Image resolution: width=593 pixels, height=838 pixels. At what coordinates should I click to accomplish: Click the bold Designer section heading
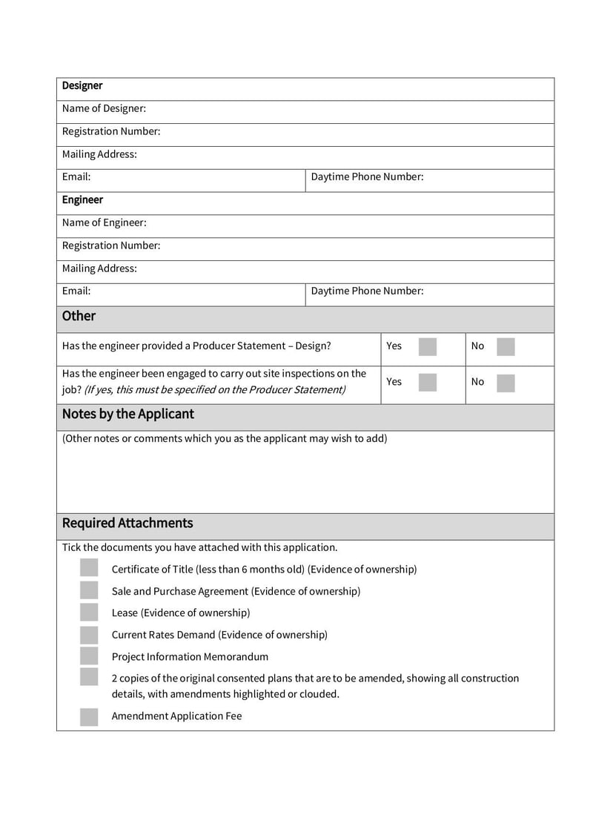[82, 86]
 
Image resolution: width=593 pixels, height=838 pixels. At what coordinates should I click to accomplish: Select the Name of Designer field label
[104, 109]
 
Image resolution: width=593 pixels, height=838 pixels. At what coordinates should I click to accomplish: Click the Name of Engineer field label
[104, 223]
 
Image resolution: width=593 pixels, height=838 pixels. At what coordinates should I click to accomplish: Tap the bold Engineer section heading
[82, 200]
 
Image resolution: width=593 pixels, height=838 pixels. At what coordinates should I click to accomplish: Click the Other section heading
[79, 316]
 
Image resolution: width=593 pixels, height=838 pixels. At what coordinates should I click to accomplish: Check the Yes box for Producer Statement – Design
[428, 346]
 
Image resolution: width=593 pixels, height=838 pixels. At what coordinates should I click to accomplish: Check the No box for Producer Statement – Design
[506, 346]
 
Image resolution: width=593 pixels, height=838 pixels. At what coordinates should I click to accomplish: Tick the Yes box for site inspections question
[428, 382]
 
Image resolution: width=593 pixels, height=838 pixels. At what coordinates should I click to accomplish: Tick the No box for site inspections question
[506, 382]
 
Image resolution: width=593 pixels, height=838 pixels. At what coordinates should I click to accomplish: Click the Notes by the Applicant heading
[127, 415]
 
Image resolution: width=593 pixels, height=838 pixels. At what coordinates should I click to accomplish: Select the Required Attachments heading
[127, 524]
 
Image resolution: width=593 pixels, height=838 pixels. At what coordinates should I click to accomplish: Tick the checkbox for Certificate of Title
[89, 569]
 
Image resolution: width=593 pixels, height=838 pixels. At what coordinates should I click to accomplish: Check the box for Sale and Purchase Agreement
[89, 591]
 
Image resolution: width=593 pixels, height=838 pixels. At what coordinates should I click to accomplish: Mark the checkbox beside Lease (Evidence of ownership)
[89, 613]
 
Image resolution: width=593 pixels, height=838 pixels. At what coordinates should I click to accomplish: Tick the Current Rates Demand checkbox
[89, 635]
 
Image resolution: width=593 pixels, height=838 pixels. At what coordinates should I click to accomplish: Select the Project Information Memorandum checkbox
[89, 656]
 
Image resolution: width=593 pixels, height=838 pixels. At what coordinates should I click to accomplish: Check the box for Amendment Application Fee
[89, 716]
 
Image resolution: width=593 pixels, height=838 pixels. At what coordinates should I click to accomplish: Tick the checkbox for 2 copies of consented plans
[89, 677]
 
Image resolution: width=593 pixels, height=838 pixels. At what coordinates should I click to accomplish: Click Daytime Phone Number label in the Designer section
[367, 177]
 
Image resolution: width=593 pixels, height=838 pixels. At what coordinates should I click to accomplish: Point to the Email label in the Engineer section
[76, 291]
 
